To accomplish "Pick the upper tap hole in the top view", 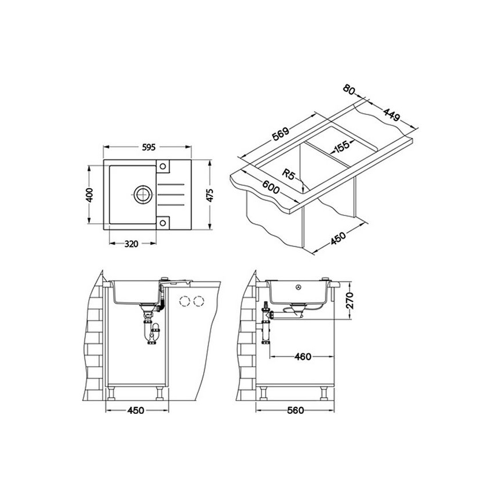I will [163, 167].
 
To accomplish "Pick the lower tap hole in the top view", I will [163, 221].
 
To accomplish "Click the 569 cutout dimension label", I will [281, 136].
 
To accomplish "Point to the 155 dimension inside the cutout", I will [341, 146].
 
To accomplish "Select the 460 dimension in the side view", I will [302, 356].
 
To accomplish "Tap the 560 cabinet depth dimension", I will [294, 410].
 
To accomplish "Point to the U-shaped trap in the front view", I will [152, 334].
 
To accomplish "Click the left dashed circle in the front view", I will [186, 301].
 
